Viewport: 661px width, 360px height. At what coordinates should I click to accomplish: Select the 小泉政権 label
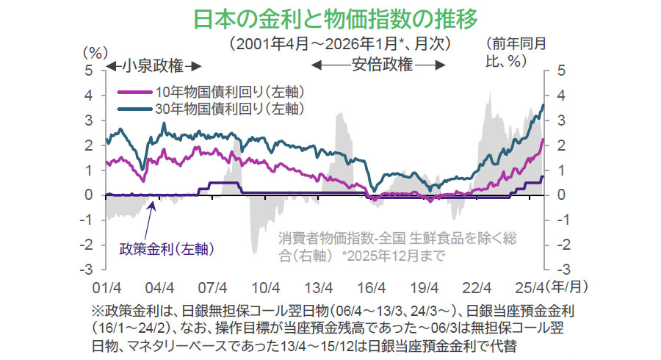coord(151,65)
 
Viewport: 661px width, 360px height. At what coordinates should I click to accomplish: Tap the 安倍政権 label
coord(379,65)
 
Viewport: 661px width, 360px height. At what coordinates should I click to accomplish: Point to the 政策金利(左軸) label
coord(167,248)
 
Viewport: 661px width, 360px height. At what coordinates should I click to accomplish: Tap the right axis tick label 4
coord(560,96)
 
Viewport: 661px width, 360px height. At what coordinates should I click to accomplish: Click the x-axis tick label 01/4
coord(106,287)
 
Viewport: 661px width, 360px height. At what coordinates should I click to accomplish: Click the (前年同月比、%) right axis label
coord(516,53)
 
